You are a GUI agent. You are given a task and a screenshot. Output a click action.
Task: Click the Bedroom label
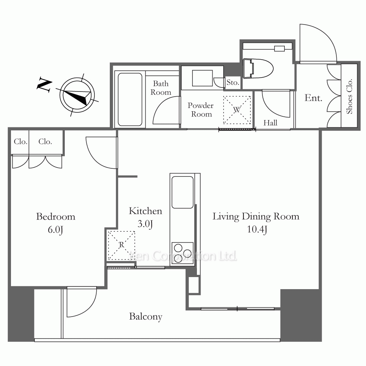click(x=56, y=217)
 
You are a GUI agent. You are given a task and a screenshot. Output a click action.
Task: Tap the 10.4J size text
click(x=257, y=229)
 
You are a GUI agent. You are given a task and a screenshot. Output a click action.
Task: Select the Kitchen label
click(x=145, y=211)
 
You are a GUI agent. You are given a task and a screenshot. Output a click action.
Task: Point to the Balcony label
click(x=146, y=317)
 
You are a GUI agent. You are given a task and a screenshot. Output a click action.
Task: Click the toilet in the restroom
click(x=258, y=68)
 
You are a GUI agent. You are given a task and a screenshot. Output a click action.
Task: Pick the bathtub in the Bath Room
click(x=130, y=100)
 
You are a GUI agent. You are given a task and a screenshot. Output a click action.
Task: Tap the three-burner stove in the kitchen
click(x=183, y=253)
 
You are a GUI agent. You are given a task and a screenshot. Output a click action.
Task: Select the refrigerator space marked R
click(x=121, y=246)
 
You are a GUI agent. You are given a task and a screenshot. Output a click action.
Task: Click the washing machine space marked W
click(x=237, y=110)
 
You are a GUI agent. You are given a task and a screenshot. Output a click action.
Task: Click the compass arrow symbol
click(x=77, y=95)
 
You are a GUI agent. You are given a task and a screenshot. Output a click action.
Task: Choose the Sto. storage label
click(x=233, y=82)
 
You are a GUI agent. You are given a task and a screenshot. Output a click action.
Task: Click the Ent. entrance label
click(x=313, y=98)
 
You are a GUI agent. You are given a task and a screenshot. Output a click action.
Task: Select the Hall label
click(x=270, y=123)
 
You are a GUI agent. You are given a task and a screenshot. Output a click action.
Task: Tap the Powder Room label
click(x=201, y=110)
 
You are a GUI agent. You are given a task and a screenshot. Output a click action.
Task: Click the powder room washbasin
click(x=202, y=78)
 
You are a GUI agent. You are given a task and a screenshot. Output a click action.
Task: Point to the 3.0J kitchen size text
click(x=145, y=224)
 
